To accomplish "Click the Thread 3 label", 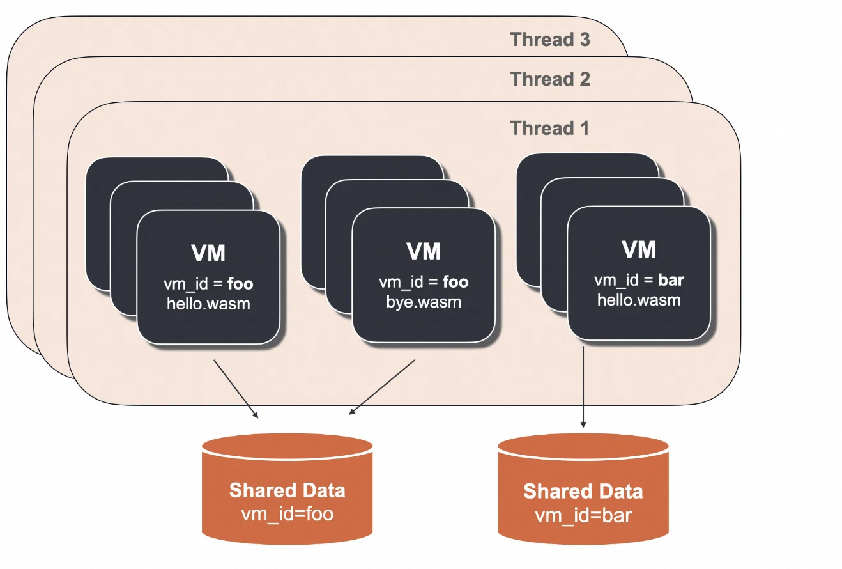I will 550,40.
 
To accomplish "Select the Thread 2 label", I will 550,79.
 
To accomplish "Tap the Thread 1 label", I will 550,128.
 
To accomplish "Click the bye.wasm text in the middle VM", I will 424,302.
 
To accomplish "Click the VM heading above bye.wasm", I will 424,252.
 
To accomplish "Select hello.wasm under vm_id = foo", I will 208,304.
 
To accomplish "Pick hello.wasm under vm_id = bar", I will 639,299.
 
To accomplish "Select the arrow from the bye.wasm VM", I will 382,386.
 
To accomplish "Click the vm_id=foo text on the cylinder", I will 287,513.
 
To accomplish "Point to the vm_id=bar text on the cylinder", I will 583,515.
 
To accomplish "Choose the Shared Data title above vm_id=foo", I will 287,491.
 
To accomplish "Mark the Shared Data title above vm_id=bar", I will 583,492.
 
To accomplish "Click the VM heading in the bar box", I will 639,249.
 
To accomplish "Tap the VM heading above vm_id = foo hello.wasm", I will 208,253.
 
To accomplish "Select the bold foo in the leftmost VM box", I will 240,284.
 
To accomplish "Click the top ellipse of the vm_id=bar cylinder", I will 583,448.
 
